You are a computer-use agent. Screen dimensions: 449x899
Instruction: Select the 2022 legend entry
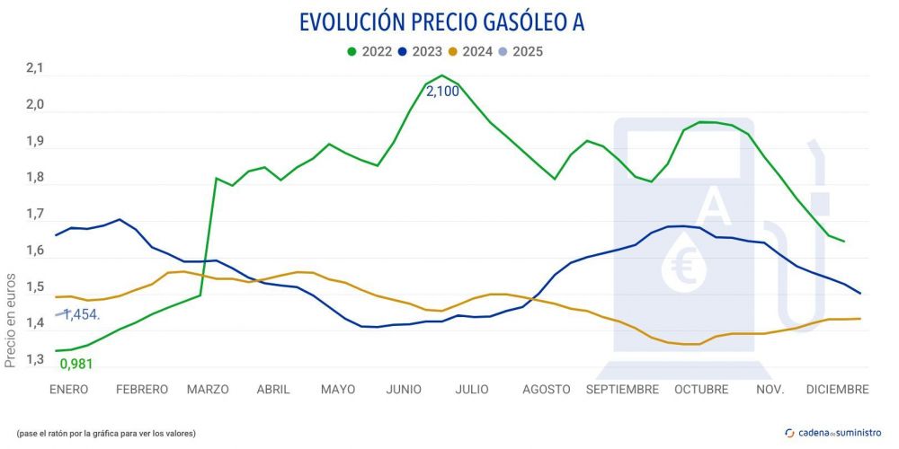pos(369,51)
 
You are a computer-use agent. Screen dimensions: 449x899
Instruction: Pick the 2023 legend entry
pos(420,51)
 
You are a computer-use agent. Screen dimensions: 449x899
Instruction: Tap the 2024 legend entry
pos(470,51)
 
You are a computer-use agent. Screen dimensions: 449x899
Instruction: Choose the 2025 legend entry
pos(521,51)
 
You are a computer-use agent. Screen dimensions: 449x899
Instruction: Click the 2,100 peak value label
pos(442,92)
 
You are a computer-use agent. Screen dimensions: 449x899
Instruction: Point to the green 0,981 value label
pos(76,364)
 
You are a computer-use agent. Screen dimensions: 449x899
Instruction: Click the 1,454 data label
pos(81,314)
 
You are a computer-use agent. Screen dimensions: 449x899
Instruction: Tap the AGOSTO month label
pos(546,389)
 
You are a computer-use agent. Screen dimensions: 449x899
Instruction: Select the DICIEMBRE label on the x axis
pos(837,389)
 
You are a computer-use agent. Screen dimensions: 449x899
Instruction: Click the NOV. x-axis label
pos(770,389)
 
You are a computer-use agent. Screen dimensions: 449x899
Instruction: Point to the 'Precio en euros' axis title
pos(11,321)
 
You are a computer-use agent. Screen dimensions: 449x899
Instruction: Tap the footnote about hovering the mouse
pos(105,434)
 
